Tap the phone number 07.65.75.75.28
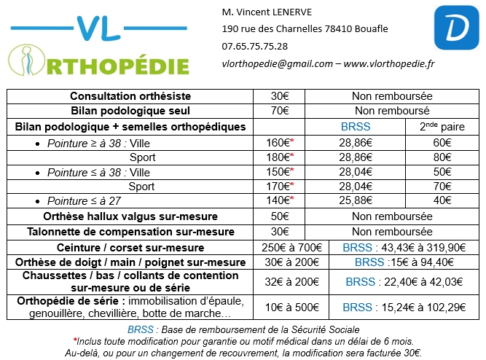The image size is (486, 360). point(254,46)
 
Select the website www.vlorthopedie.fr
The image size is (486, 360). point(389,64)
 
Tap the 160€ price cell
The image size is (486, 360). point(279,142)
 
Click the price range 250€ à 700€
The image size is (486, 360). point(289,247)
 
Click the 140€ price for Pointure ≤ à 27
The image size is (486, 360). point(279,200)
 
